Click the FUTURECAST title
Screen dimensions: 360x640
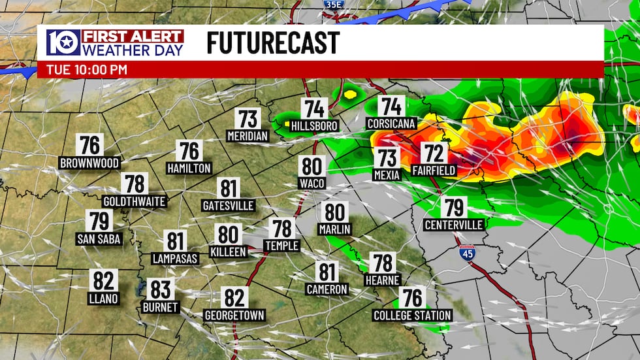[273, 43]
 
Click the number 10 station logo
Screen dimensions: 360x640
[63, 42]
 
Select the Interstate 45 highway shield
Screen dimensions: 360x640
[466, 253]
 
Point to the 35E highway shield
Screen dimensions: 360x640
[332, 3]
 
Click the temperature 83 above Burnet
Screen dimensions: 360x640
[160, 289]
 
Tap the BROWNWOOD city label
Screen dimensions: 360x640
[89, 163]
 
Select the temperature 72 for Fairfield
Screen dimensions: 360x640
[434, 154]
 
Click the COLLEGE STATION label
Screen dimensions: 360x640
[412, 316]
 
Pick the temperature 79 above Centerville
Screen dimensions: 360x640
[454, 208]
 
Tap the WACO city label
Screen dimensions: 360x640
[312, 184]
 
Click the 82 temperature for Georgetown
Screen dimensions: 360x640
[234, 298]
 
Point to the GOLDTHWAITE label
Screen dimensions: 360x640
[135, 201]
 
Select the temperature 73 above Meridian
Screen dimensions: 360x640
[248, 120]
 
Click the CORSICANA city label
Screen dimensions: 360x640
[392, 123]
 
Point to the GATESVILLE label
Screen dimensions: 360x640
[228, 206]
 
